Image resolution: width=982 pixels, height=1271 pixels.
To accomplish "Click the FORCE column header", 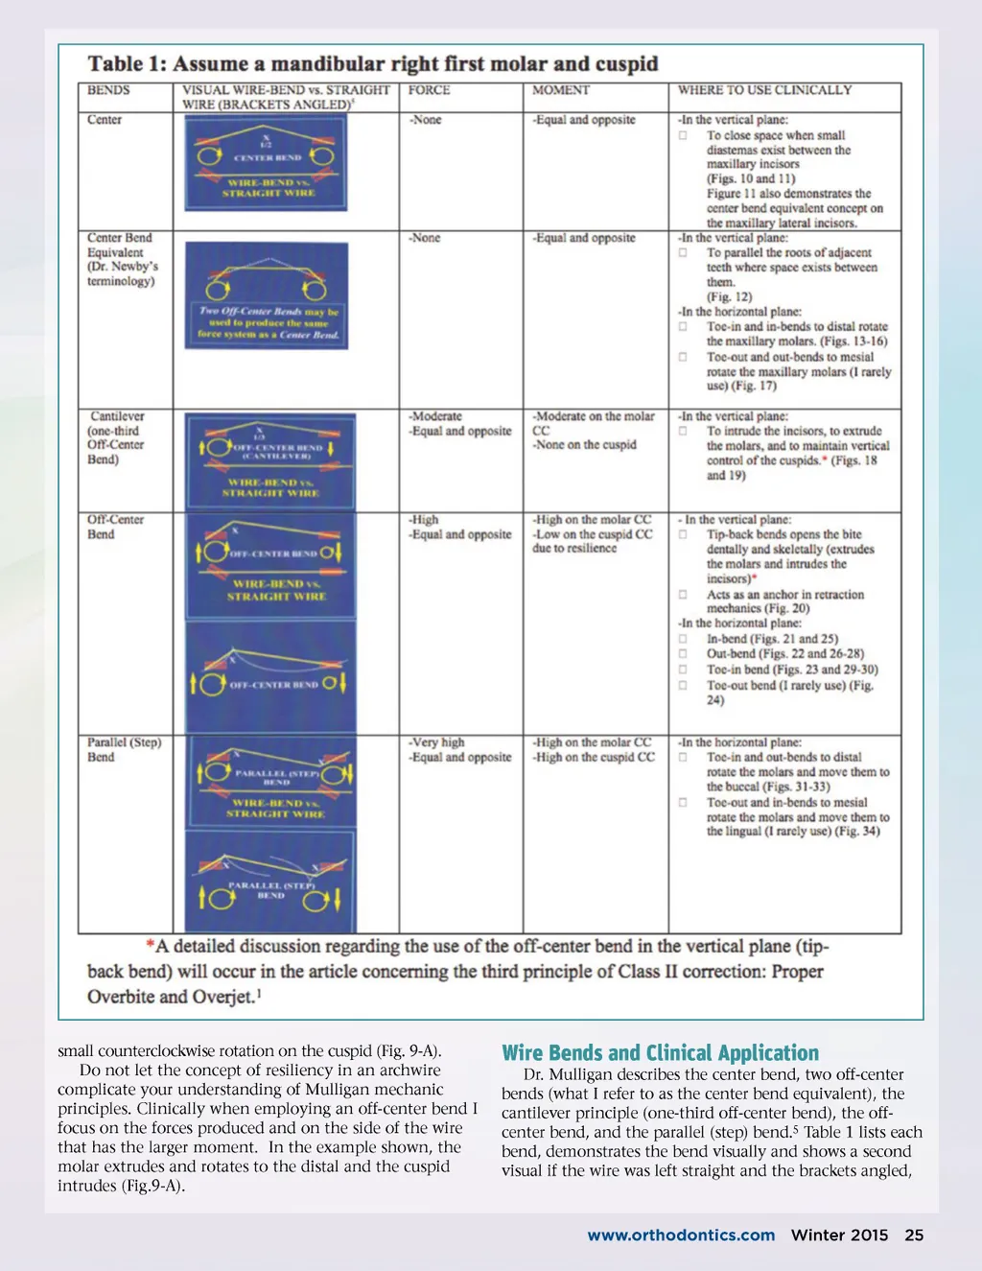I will click(429, 90).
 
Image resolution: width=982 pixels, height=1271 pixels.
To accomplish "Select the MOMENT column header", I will click(561, 90).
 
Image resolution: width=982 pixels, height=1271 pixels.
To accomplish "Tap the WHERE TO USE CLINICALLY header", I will click(764, 90).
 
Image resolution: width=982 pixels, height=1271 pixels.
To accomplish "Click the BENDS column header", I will click(108, 90).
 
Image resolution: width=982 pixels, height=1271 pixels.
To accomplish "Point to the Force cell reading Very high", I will click(437, 742).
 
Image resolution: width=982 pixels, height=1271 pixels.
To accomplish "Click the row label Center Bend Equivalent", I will click(121, 259).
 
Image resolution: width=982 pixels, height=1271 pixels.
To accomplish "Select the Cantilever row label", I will click(116, 437).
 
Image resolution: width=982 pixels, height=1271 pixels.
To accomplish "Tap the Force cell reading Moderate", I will click(436, 416).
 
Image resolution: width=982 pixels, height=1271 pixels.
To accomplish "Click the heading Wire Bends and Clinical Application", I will click(660, 1053).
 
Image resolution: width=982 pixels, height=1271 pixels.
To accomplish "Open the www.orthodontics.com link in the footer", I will click(681, 1236).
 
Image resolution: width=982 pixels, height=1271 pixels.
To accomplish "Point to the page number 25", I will click(914, 1236).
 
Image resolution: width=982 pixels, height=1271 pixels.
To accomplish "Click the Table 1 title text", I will click(373, 64).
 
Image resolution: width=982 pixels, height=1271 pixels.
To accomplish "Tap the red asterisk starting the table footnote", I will click(151, 946).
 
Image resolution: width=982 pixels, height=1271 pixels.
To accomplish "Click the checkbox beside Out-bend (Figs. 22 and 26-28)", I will click(683, 654).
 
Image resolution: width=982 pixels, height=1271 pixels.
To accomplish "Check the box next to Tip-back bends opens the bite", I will click(683, 535).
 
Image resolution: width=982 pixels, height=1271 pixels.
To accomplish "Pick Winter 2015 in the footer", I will click(839, 1236).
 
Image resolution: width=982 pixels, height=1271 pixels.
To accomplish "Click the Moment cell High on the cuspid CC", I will click(594, 757).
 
